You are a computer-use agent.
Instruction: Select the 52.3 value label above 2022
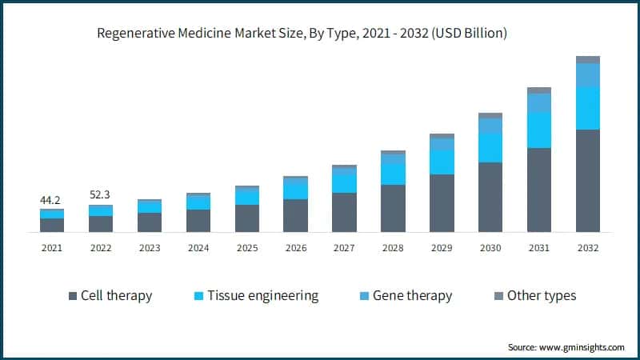pos(101,194)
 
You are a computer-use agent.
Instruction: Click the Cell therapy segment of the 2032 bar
pos(588,180)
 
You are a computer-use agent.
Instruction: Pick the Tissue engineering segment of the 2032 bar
pos(588,108)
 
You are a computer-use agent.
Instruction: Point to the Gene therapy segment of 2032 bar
pos(588,74)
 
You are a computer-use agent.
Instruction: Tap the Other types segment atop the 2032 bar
pos(588,59)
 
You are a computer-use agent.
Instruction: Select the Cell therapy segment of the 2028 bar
pos(393,208)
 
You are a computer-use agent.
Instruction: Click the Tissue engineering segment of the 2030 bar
pos(490,148)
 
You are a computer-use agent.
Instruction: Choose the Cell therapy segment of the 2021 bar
pos(52,225)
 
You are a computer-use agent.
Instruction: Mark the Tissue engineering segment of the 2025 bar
pos(247,197)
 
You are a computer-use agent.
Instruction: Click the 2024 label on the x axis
pos(198,248)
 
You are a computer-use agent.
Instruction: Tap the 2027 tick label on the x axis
pos(344,248)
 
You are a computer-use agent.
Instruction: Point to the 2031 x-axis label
pos(539,248)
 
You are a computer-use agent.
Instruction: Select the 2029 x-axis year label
pos(442,248)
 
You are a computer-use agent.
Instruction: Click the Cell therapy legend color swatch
pos(73,296)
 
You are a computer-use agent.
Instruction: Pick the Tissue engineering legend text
pos(262,296)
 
